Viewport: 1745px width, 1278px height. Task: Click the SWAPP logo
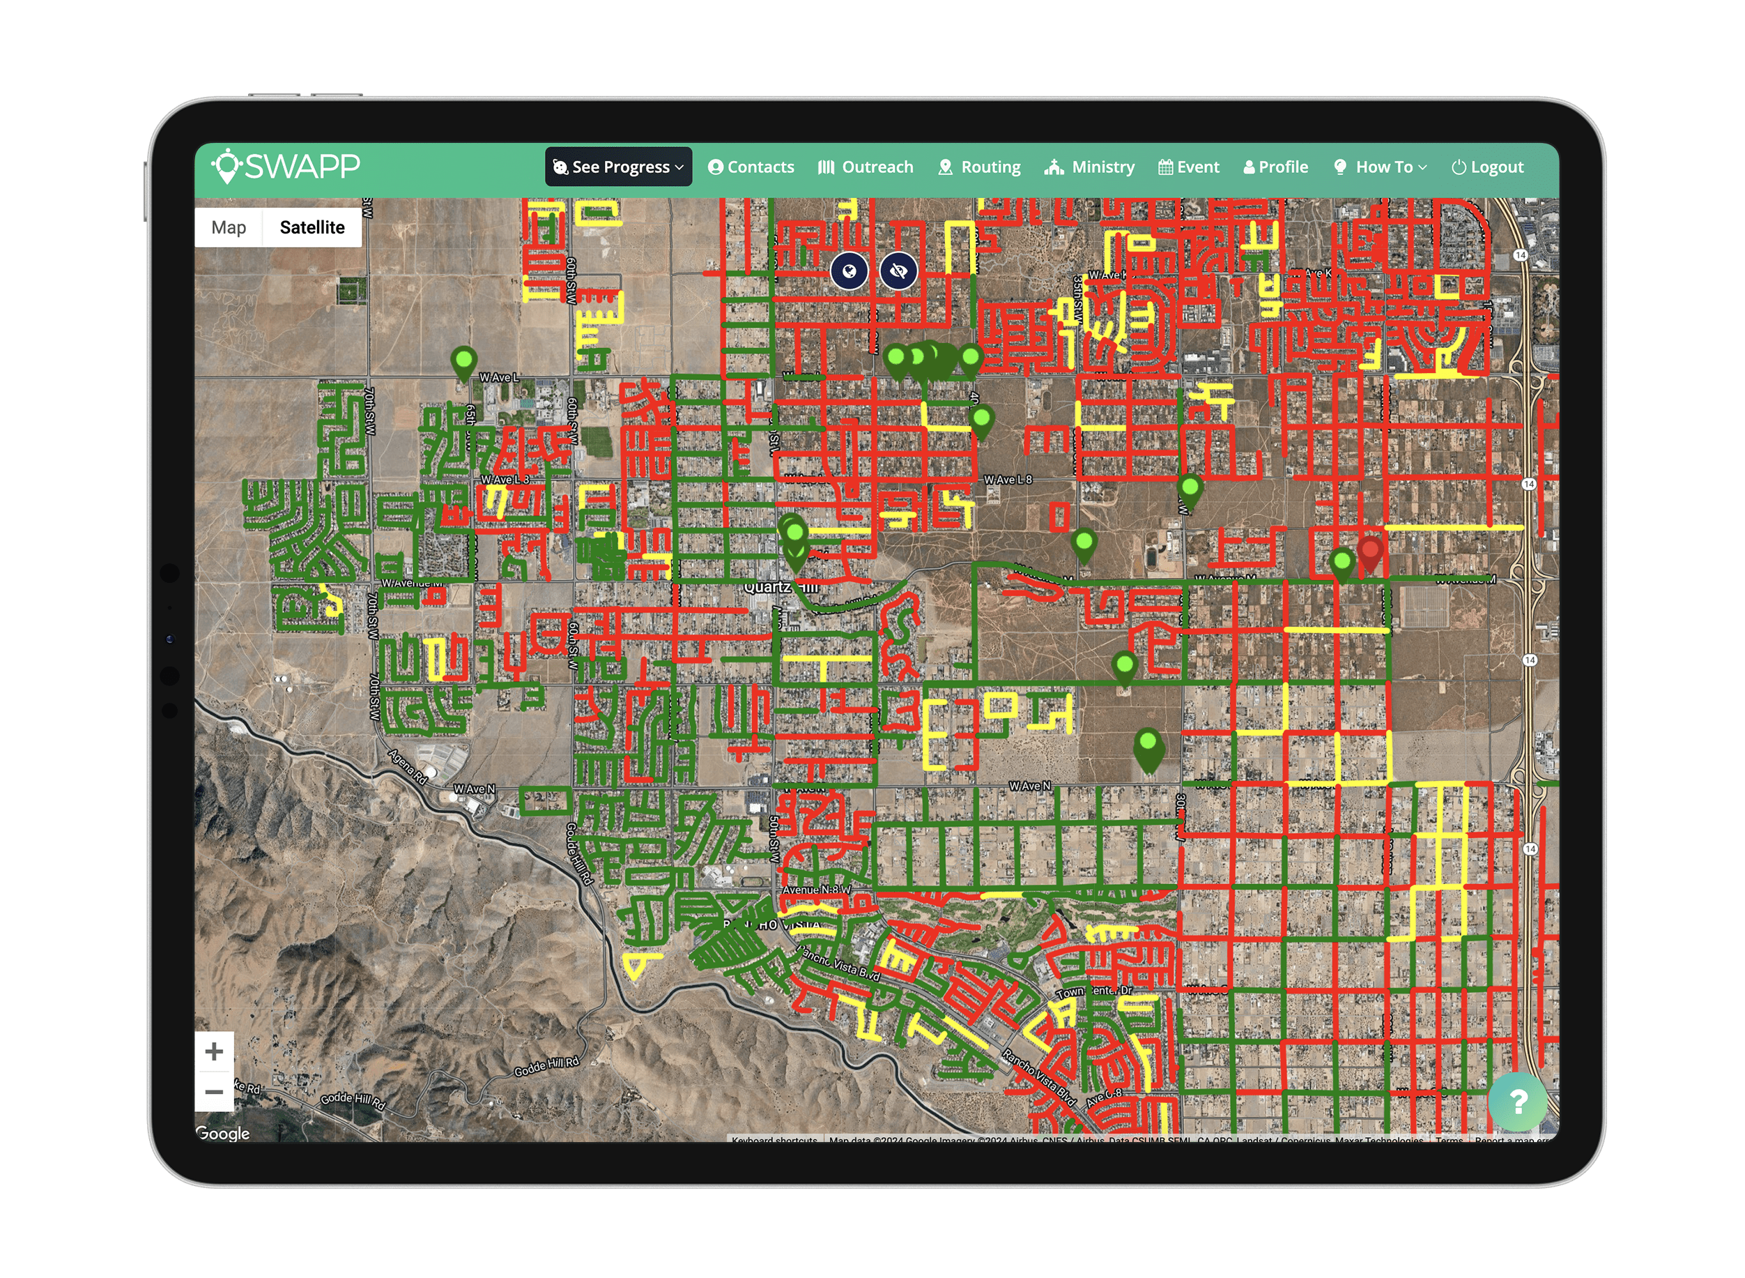point(286,167)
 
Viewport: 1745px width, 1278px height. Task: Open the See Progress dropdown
point(619,167)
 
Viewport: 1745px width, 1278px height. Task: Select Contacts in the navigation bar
point(751,167)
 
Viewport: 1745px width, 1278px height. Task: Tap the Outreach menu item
point(866,167)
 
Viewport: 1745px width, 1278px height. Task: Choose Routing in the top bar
point(980,167)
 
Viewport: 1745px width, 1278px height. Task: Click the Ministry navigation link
point(1090,167)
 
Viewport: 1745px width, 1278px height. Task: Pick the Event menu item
point(1189,167)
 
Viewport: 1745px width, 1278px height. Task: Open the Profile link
point(1276,167)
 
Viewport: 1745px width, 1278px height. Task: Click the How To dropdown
point(1381,167)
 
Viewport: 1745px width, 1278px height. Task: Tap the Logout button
point(1488,167)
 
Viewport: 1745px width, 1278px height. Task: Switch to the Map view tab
point(229,227)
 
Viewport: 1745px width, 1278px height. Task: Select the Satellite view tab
point(312,227)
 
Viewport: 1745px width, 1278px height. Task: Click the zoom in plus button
point(214,1051)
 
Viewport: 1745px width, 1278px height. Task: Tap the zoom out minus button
point(214,1092)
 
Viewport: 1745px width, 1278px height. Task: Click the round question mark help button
point(1518,1101)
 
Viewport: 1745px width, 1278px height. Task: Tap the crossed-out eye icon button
point(898,271)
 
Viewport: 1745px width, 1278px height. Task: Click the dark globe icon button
point(849,271)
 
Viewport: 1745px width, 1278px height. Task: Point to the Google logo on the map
point(223,1134)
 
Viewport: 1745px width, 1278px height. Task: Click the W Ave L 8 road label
point(1008,480)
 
